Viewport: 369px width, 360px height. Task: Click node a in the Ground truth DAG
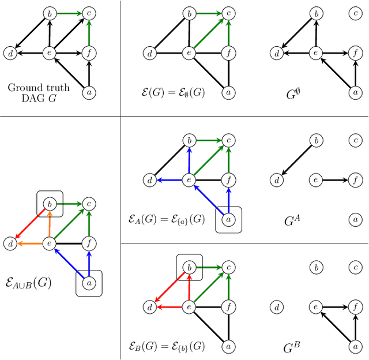coord(89,92)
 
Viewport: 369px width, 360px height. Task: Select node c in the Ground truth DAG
coord(89,13)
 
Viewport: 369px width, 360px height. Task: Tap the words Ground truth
coord(39,88)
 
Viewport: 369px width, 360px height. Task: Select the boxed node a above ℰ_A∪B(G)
coord(89,283)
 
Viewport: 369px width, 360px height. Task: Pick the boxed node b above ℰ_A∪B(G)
coord(50,204)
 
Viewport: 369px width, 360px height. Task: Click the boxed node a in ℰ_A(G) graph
coord(229,220)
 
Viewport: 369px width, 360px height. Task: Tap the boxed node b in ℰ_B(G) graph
coord(189,267)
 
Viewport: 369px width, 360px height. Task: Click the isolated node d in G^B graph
coord(277,307)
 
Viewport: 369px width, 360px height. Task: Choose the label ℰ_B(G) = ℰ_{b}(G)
coord(166,347)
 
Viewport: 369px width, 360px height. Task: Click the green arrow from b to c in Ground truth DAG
coord(69,13)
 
